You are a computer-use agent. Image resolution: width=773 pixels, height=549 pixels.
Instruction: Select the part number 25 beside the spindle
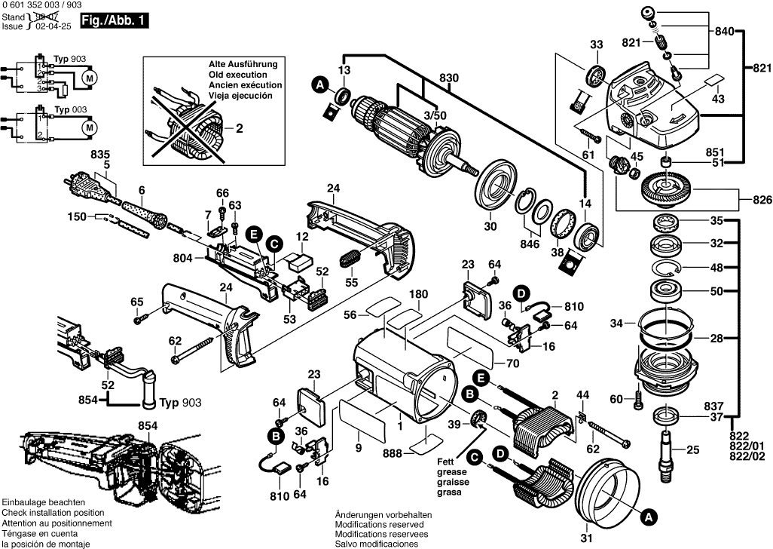693,450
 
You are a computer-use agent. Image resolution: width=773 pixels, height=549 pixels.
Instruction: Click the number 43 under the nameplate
717,100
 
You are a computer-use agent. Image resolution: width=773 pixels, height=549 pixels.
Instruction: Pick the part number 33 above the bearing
596,46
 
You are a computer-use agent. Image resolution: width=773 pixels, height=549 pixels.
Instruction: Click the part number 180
418,294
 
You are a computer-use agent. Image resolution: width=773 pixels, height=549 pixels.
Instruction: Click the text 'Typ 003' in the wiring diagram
69,109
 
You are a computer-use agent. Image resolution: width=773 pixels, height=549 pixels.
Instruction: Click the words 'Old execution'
237,75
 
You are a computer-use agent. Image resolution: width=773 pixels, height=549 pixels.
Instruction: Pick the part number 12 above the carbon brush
302,237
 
